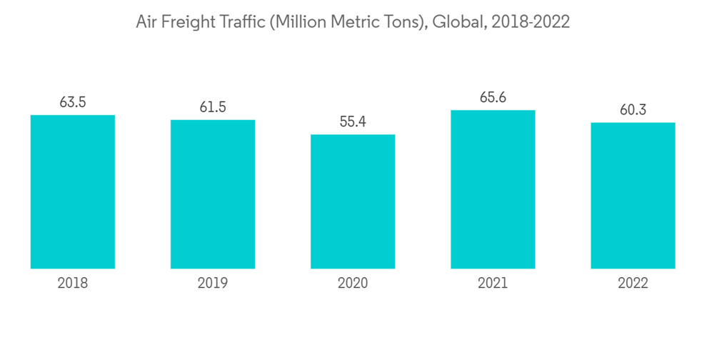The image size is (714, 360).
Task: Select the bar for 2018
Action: (73, 191)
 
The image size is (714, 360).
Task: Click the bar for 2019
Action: (213, 194)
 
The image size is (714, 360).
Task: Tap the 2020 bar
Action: (353, 201)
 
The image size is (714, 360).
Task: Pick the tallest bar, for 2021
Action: (493, 189)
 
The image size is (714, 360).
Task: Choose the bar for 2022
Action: (633, 195)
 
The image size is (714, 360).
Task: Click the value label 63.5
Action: (73, 102)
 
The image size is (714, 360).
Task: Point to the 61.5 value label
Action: (213, 107)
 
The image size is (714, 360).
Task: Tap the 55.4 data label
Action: (353, 121)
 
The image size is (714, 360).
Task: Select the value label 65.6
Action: (493, 97)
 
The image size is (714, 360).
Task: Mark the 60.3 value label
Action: (633, 110)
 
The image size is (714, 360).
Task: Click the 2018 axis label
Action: (73, 284)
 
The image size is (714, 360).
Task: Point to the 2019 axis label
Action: (213, 284)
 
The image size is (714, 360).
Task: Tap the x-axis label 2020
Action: (353, 284)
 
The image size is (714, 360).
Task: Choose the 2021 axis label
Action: (493, 284)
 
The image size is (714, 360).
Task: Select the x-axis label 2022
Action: (633, 284)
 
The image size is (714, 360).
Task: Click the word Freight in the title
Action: (186, 23)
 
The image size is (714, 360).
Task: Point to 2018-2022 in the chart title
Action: (529, 22)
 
